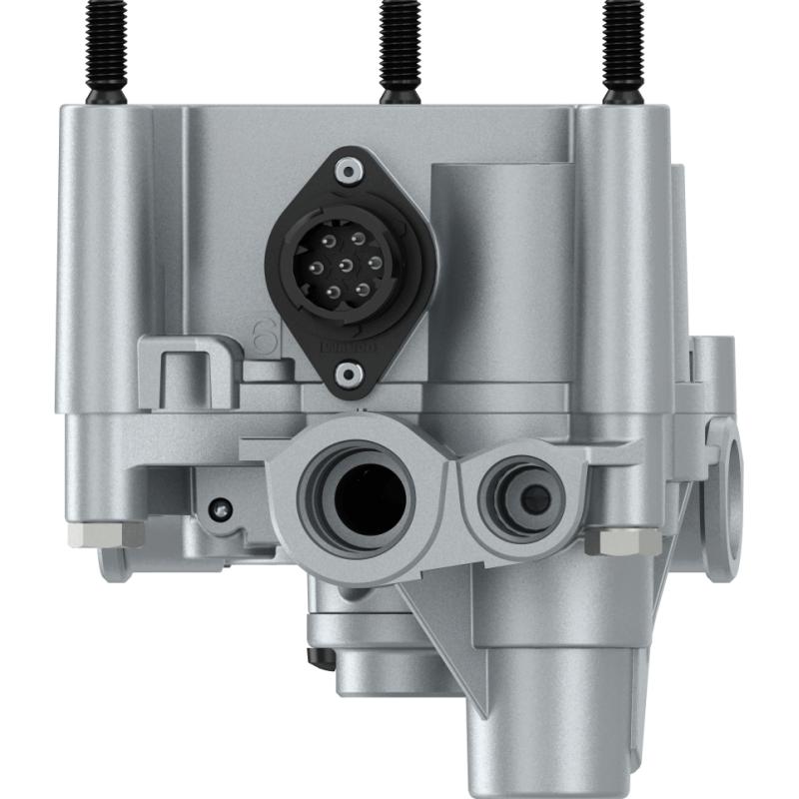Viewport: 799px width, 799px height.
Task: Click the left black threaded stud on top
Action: (106, 50)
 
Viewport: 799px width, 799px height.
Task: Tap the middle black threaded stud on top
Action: (399, 50)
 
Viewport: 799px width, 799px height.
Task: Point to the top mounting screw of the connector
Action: (347, 172)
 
